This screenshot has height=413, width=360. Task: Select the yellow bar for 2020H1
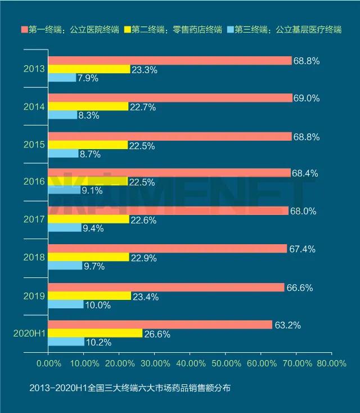tap(95, 333)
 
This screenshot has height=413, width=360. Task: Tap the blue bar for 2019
tap(66, 304)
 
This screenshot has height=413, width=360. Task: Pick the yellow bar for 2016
tap(88, 182)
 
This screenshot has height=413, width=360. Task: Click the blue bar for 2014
tap(62, 115)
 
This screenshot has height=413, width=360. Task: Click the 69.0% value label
tap(307, 98)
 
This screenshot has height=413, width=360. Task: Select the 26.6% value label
tap(157, 334)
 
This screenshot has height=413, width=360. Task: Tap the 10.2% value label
tap(98, 342)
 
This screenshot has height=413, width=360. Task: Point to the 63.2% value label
tap(286, 325)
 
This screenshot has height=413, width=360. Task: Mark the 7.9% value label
tap(88, 78)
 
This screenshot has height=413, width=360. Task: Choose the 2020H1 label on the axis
tap(29, 333)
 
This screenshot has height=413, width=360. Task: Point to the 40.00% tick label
tap(190, 363)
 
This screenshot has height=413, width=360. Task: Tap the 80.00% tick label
tap(331, 363)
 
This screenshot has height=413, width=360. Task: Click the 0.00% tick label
tap(48, 363)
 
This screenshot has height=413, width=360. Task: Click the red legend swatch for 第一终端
tap(24, 29)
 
